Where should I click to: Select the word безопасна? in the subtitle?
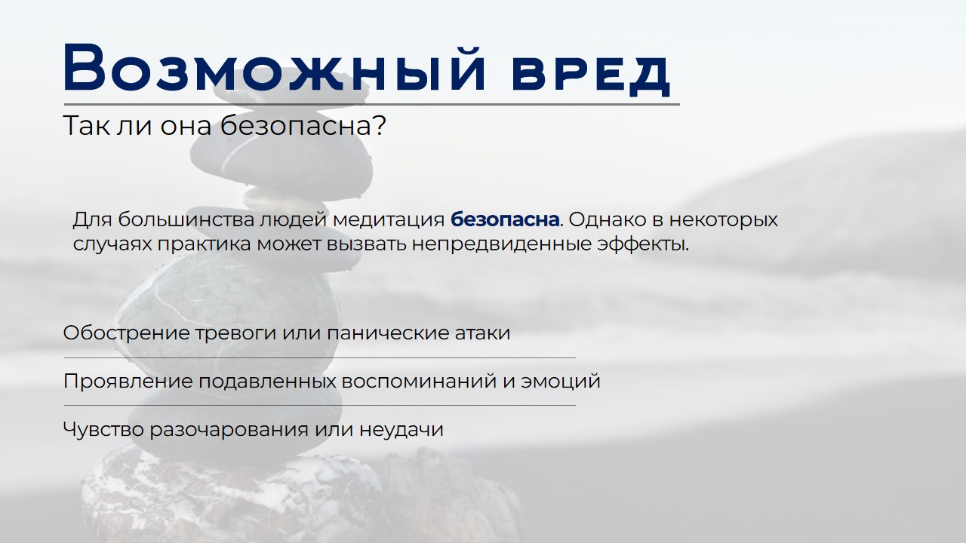pos(303,126)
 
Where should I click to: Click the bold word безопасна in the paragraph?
pos(505,220)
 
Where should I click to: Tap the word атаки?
pos(485,333)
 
